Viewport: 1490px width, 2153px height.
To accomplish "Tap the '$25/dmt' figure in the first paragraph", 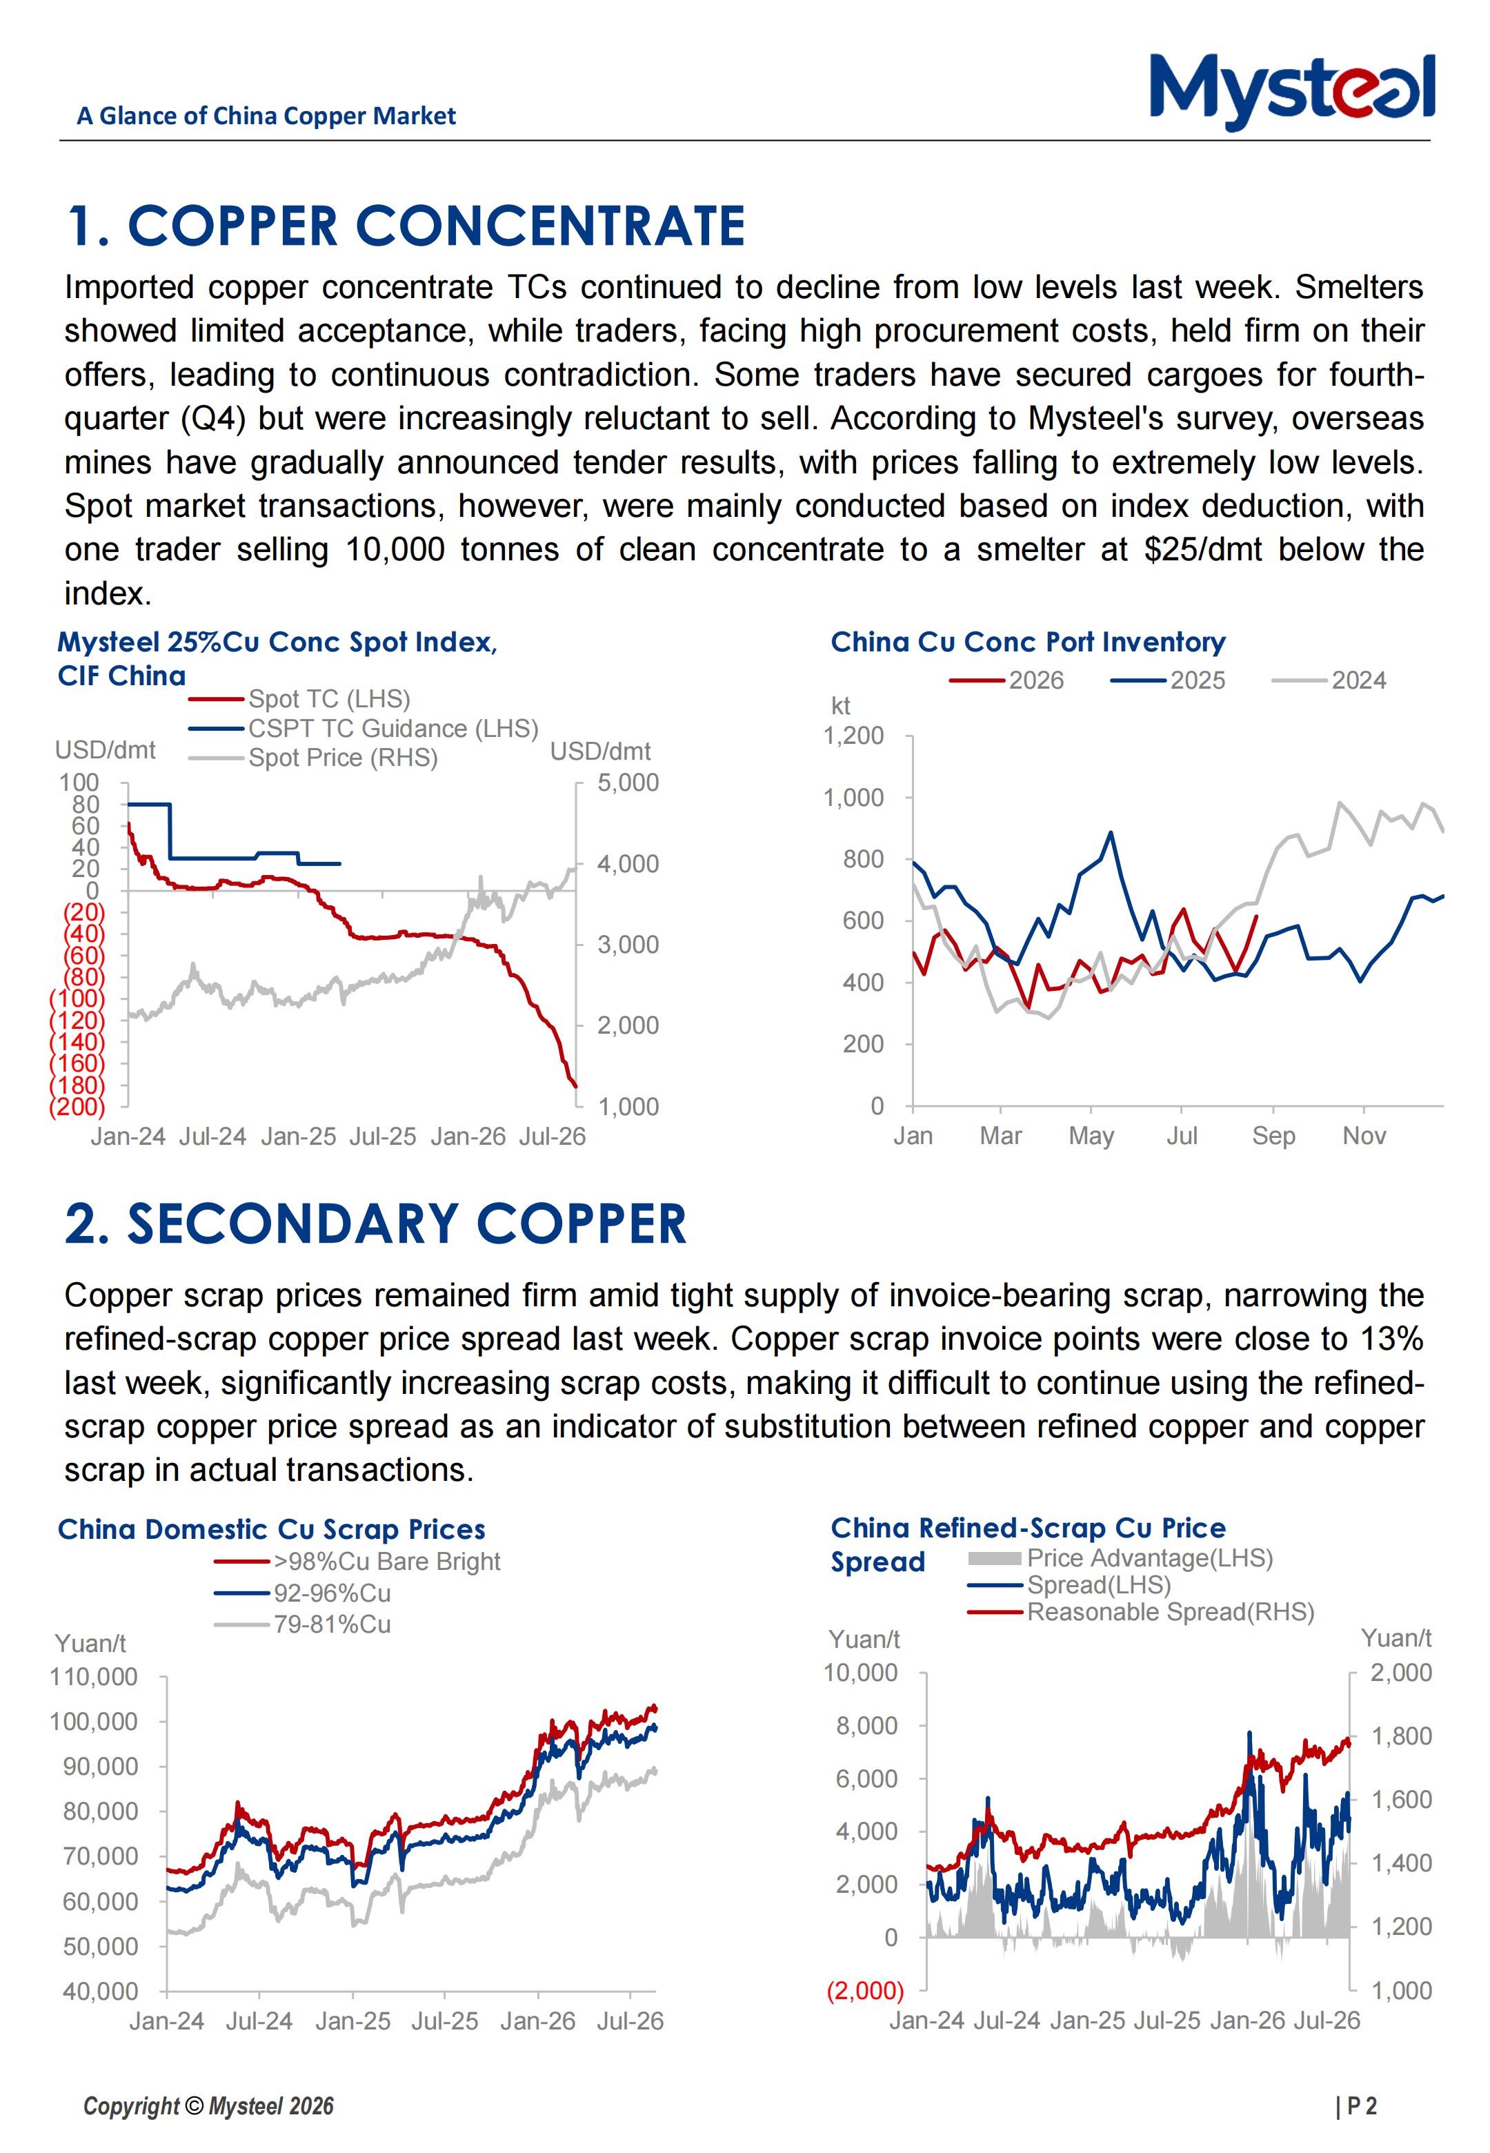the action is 1202,549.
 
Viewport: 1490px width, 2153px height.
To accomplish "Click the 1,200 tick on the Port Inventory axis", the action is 853,736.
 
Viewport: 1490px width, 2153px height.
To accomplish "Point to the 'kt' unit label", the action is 840,706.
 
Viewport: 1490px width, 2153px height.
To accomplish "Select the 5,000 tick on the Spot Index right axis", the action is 628,783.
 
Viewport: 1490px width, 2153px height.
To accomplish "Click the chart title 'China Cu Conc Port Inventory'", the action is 1028,642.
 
